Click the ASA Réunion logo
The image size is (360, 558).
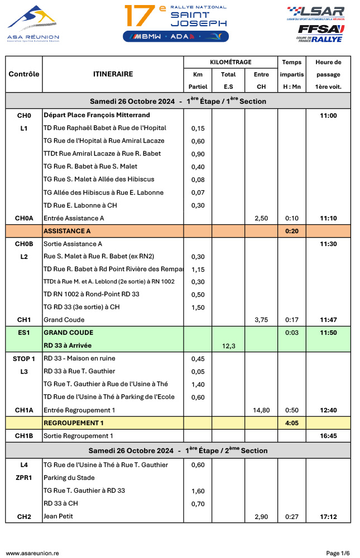33,23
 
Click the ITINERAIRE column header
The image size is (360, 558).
113,74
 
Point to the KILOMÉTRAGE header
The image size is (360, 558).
231,62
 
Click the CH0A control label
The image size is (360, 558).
24,218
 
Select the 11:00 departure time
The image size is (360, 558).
328,116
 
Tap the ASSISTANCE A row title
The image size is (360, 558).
67,231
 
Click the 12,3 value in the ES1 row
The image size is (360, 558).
228,346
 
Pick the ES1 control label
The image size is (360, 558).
24,333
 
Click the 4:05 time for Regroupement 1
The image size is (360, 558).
292,423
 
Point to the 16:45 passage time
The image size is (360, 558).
328,436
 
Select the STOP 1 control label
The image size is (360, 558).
24,359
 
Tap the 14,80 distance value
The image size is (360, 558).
261,410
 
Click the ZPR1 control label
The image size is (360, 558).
24,478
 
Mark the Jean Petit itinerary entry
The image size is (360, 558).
58,517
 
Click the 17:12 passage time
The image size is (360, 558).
328,517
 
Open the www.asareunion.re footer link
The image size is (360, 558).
32,553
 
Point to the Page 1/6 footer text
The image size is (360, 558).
338,553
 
